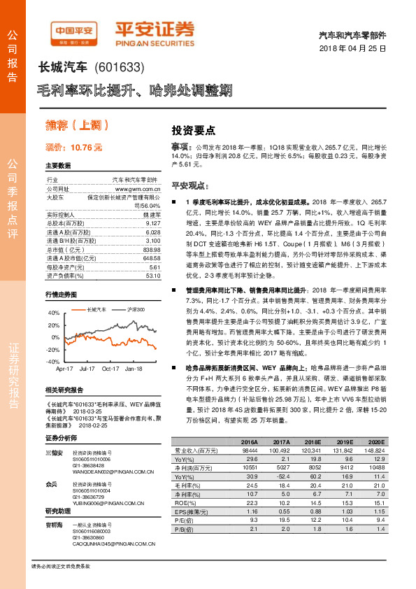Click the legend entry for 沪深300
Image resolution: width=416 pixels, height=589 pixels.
[134, 290]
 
